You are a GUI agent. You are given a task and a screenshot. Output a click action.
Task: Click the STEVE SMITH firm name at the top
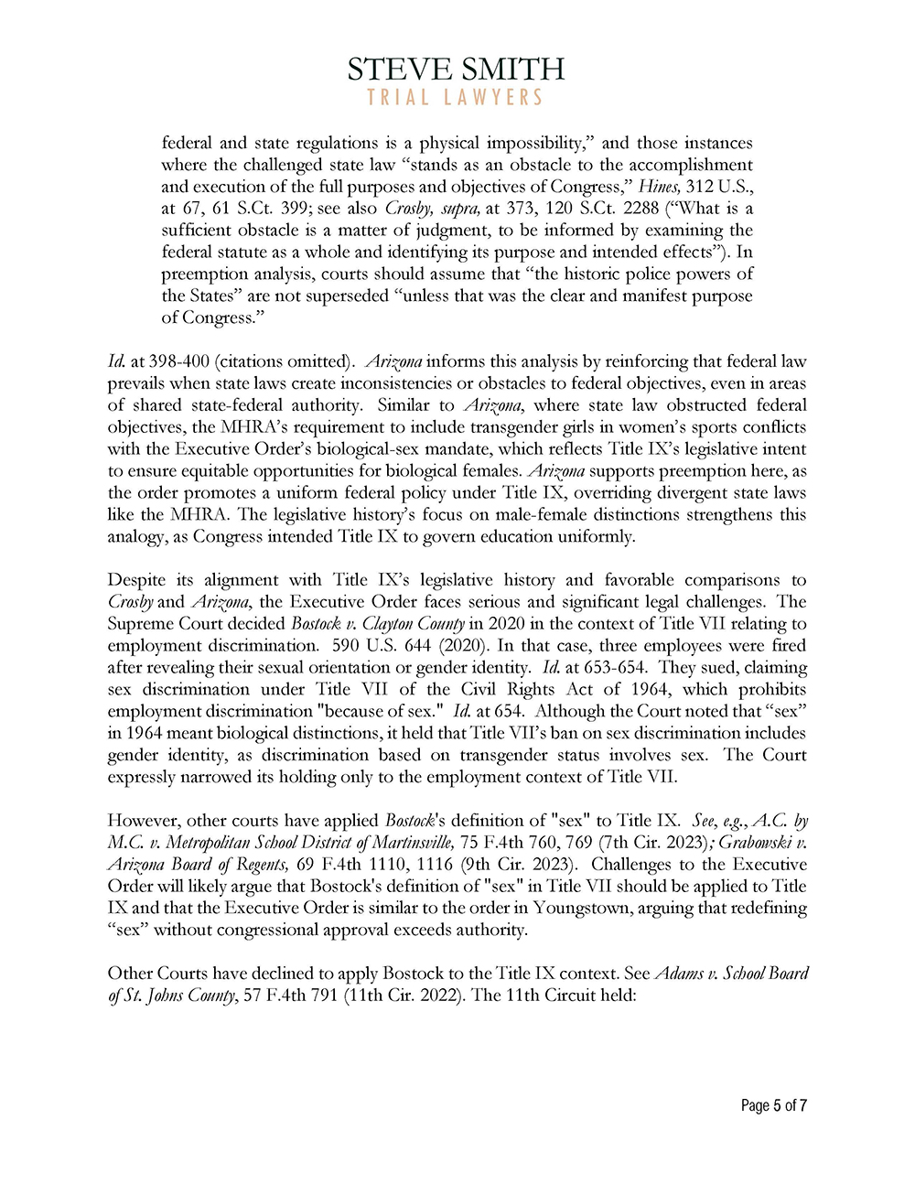click(x=456, y=69)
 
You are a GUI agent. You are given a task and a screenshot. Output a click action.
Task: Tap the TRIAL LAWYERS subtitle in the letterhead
click(x=456, y=97)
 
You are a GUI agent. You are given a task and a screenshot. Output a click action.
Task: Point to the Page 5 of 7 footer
click(x=773, y=1105)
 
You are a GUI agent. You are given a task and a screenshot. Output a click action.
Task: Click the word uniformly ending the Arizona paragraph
click(x=594, y=537)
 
